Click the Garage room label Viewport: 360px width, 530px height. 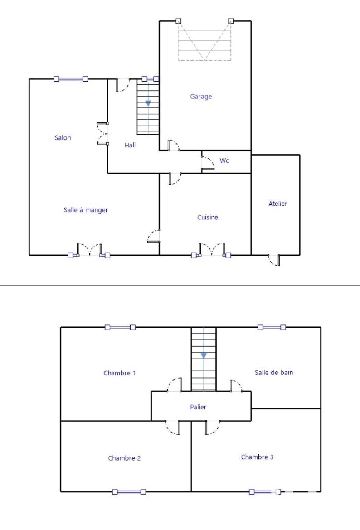201,97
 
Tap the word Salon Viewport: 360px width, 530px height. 63,137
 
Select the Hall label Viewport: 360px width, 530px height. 130,145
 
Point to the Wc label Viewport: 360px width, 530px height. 224,160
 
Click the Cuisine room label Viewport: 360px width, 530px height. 208,217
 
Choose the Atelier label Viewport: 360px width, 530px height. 278,204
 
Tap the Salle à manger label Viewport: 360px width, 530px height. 86,210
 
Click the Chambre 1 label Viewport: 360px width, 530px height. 120,373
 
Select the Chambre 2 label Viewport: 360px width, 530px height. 124,458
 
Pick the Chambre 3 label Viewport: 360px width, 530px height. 257,457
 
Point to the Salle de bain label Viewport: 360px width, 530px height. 274,373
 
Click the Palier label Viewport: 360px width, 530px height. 198,407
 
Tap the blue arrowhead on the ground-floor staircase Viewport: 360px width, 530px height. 148,103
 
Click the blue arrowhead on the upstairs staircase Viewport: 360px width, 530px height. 204,355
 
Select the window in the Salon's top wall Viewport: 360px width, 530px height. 71,79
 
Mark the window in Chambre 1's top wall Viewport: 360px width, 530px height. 120,327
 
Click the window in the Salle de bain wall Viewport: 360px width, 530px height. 272,327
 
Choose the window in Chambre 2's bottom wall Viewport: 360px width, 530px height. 129,492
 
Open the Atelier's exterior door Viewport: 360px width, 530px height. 274,260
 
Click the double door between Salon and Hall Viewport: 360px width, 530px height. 102,133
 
